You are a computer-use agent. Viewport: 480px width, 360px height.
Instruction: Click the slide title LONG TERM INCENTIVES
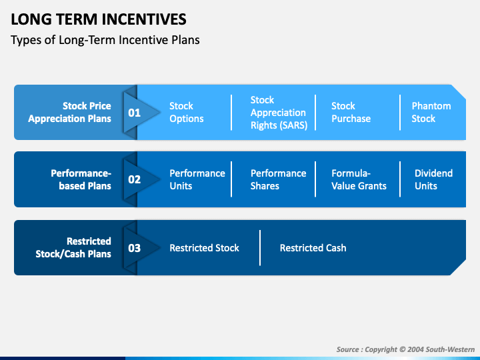tap(99, 19)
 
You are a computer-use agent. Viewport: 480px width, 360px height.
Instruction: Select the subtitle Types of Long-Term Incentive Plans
tap(105, 40)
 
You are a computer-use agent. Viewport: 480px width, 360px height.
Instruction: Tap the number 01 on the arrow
tap(135, 113)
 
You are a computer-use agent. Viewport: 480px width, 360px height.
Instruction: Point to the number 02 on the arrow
tap(135, 179)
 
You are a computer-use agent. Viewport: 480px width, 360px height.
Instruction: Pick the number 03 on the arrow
tap(135, 248)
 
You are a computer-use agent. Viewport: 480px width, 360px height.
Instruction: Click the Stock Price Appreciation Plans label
tap(70, 113)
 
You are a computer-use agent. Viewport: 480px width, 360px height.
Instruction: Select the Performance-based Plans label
tap(81, 180)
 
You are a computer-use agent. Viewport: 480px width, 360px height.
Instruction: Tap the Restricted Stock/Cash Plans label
tap(73, 247)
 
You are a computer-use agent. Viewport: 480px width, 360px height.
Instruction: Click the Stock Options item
tap(187, 113)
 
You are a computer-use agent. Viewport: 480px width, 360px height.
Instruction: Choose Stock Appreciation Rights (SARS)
tap(279, 113)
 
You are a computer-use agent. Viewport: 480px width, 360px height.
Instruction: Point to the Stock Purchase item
tap(351, 113)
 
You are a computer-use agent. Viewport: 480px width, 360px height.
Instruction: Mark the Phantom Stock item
tap(431, 113)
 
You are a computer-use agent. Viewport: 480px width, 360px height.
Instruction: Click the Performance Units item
tap(197, 180)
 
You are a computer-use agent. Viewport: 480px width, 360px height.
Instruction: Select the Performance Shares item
tap(278, 180)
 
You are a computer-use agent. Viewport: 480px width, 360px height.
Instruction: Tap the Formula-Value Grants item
tap(359, 180)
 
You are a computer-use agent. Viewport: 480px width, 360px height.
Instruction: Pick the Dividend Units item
tap(433, 180)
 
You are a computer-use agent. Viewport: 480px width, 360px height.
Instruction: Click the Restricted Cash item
tap(313, 248)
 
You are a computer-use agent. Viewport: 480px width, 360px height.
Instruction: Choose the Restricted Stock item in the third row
tap(204, 248)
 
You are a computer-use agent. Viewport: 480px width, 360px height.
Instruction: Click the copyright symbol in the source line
tap(402, 349)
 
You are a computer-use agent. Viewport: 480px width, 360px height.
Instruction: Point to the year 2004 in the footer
tap(415, 349)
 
